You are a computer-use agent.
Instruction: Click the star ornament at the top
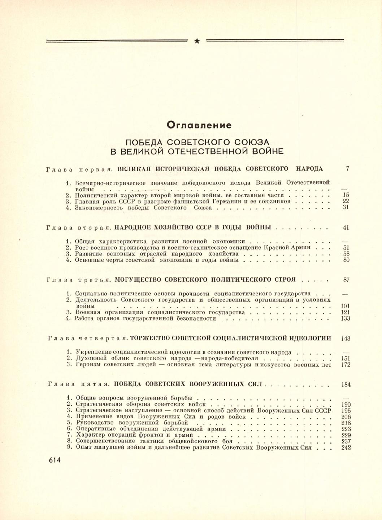(197, 41)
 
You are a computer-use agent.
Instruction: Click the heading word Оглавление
(199, 125)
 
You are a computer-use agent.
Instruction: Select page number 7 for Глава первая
(347, 168)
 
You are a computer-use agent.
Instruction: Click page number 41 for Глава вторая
(346, 228)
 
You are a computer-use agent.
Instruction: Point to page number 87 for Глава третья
(346, 280)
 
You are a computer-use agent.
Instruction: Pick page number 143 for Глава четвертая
(346, 338)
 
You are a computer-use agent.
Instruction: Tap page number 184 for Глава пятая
(346, 384)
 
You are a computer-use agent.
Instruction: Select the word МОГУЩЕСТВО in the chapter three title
(138, 280)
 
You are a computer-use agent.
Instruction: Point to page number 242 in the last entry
(346, 448)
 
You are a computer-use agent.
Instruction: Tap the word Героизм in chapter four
(88, 365)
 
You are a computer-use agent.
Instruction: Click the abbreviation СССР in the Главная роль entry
(129, 201)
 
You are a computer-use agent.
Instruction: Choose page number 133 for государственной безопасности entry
(346, 318)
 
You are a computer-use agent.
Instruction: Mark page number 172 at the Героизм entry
(346, 365)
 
